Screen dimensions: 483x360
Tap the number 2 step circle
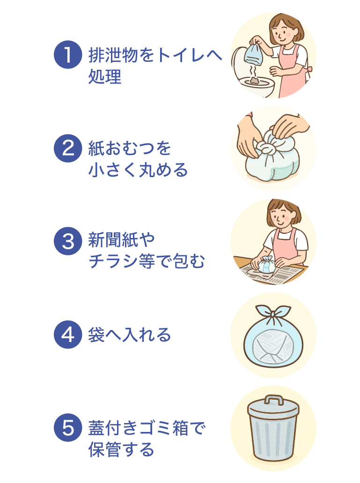pos(68,149)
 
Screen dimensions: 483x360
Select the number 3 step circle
pos(68,241)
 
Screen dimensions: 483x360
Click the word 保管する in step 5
pos(121,450)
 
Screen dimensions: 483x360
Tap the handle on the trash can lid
pos(273,400)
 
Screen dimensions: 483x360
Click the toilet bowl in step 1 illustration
pos(255,87)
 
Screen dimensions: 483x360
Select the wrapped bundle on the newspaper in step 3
pos(265,266)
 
